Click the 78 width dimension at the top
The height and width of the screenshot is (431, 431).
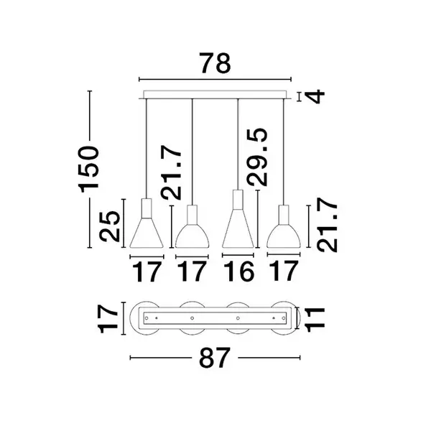(215, 63)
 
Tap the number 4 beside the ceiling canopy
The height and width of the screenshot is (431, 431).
(315, 96)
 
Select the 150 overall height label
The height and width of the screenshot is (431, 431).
(88, 169)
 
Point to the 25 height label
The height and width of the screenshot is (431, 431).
(110, 226)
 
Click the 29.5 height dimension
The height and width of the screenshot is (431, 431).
(257, 157)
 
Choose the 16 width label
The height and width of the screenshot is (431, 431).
(238, 272)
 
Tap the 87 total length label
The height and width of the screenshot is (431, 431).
(214, 358)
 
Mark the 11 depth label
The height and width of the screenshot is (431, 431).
(315, 320)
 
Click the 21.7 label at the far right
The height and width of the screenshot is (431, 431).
(327, 225)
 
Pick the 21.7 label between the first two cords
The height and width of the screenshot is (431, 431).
(172, 172)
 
